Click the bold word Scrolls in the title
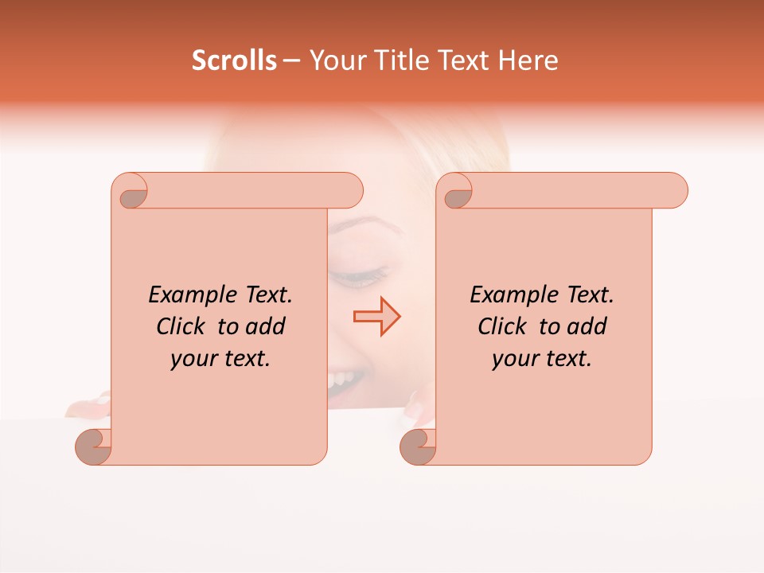coord(234,60)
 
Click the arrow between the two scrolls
coord(376,317)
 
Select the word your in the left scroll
coord(192,359)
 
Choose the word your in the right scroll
coord(513,359)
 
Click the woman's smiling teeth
coord(345,378)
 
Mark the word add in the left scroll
coord(266,326)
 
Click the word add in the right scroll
coord(587,326)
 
